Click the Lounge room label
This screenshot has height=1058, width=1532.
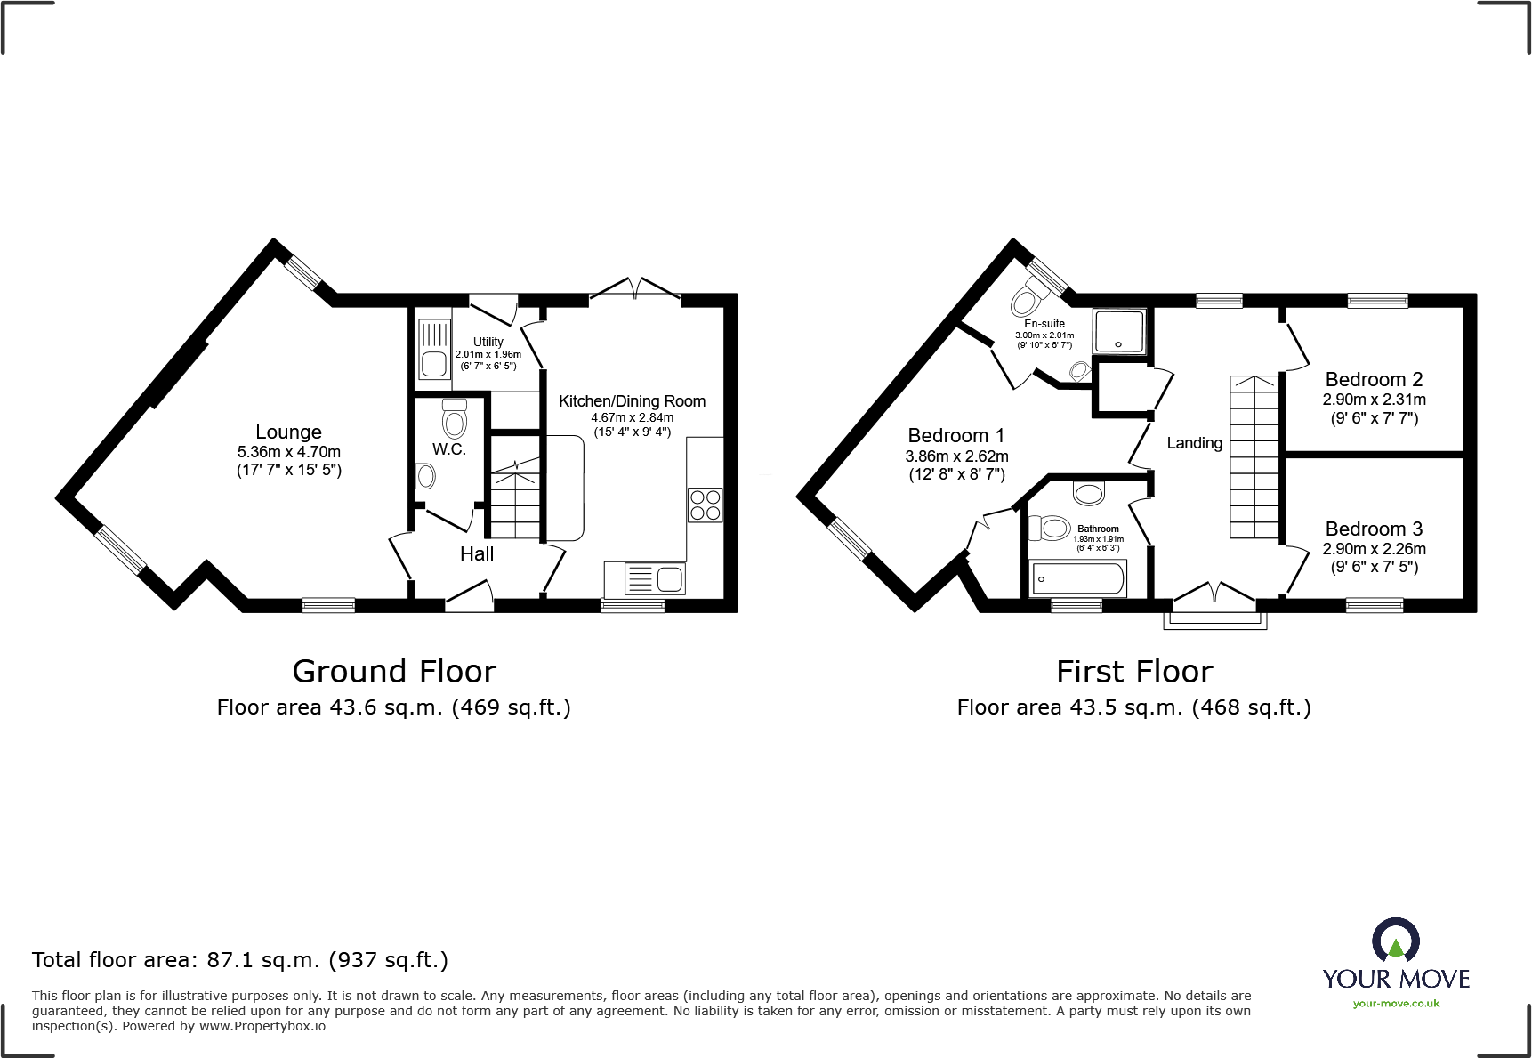point(288,432)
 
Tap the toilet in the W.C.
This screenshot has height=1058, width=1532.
point(454,419)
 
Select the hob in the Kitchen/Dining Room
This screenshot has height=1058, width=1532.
point(705,505)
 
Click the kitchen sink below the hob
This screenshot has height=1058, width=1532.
point(656,579)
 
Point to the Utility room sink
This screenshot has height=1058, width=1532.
point(434,351)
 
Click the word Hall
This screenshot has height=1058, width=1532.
point(476,554)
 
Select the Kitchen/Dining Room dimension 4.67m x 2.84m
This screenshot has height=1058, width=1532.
point(632,417)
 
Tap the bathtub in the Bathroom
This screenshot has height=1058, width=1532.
point(1076,578)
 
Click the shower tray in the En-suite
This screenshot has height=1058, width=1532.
point(1119,331)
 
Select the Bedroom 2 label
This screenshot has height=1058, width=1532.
point(1374,380)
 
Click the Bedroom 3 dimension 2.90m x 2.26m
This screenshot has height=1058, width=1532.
point(1374,549)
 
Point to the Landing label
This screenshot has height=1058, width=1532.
point(1194,443)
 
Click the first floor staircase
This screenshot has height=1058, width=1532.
point(1254,457)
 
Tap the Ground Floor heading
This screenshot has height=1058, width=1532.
point(394,671)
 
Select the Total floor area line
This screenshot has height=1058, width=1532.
point(240,960)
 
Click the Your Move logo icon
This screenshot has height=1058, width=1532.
point(1395,941)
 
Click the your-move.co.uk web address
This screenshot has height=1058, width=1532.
point(1396,1004)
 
